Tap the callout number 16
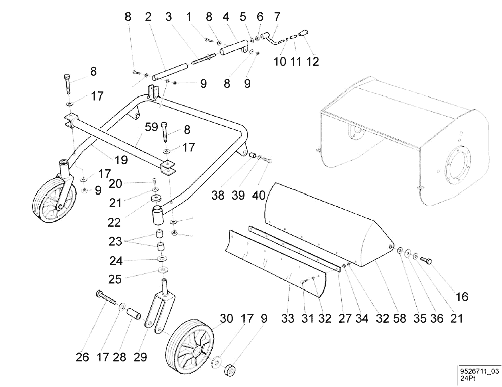(461, 297)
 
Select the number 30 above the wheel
(226, 318)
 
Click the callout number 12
(313, 62)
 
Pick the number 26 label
(82, 358)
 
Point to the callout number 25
(115, 279)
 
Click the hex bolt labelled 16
(427, 260)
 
